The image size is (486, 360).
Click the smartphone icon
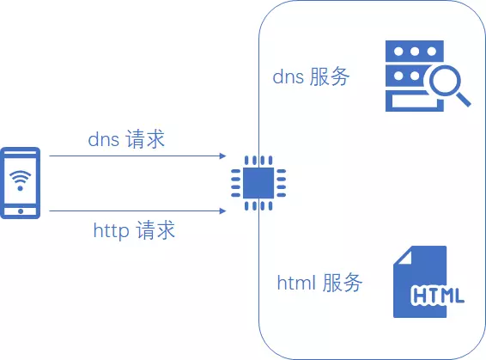[x=21, y=183]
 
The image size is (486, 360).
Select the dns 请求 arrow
[x=137, y=156]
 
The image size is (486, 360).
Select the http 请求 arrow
[x=137, y=211]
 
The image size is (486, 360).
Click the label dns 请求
[x=126, y=139]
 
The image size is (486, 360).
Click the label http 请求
[x=134, y=230]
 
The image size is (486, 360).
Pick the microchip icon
[x=252, y=183]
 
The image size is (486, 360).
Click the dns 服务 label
[x=311, y=76]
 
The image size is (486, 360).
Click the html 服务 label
[x=319, y=283]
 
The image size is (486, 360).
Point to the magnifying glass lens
[x=447, y=83]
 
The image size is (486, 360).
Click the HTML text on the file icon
[x=438, y=296]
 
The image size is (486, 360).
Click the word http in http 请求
[x=111, y=230]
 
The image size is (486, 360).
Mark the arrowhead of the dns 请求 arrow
[x=222, y=156]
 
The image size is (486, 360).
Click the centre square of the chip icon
[x=252, y=183]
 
